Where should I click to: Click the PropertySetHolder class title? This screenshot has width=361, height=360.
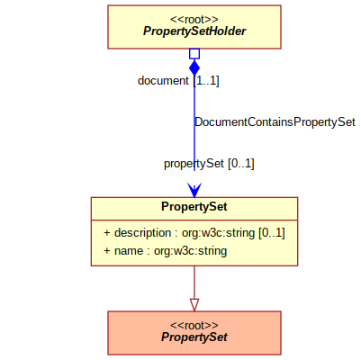(x=194, y=31)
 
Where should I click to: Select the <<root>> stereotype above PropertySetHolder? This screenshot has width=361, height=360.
(x=194, y=20)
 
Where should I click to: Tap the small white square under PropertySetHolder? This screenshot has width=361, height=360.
(x=194, y=54)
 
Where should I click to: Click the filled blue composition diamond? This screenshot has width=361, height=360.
(x=194, y=67)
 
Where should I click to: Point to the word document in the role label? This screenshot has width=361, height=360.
(x=163, y=81)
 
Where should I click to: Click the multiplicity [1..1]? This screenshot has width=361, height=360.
(x=206, y=81)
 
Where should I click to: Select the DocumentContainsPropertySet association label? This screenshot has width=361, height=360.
(x=275, y=122)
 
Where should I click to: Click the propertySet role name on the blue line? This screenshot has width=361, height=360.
(x=194, y=164)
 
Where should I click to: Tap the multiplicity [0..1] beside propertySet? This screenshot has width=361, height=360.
(x=241, y=164)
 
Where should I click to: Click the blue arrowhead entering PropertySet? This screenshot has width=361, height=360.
(x=194, y=190)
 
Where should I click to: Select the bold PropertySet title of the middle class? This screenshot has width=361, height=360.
(x=194, y=207)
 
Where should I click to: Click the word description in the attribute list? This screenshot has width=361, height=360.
(x=142, y=233)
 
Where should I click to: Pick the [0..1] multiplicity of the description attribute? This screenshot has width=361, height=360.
(x=272, y=233)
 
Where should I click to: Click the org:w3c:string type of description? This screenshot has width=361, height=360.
(x=219, y=233)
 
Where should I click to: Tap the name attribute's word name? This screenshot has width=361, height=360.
(x=129, y=251)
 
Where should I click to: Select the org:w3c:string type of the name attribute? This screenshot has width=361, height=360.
(x=190, y=251)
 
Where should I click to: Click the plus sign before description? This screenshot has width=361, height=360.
(x=107, y=233)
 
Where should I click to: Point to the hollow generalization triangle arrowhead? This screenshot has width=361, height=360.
(x=194, y=305)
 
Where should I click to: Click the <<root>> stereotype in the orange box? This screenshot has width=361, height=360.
(x=194, y=326)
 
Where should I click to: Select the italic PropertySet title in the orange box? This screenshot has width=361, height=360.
(x=194, y=337)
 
